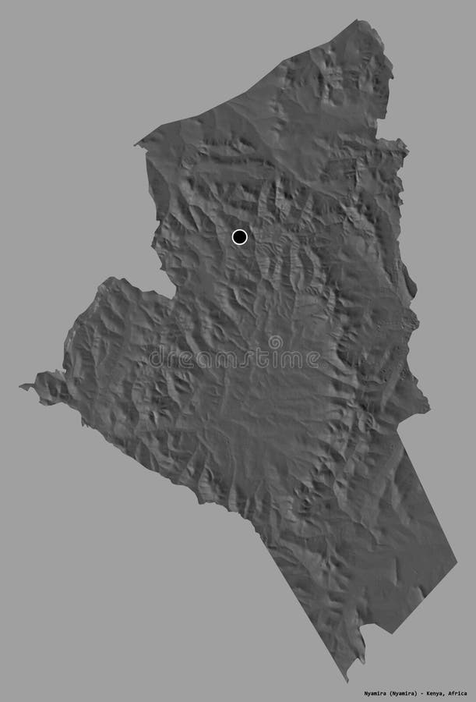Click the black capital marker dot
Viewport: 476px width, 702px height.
click(239, 236)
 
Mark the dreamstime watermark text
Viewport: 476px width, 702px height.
click(234, 359)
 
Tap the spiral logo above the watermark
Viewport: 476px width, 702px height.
click(275, 342)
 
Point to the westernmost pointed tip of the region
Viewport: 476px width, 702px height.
click(22, 386)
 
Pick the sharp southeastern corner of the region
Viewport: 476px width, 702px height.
click(456, 560)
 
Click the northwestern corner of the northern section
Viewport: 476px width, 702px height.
click(137, 144)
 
